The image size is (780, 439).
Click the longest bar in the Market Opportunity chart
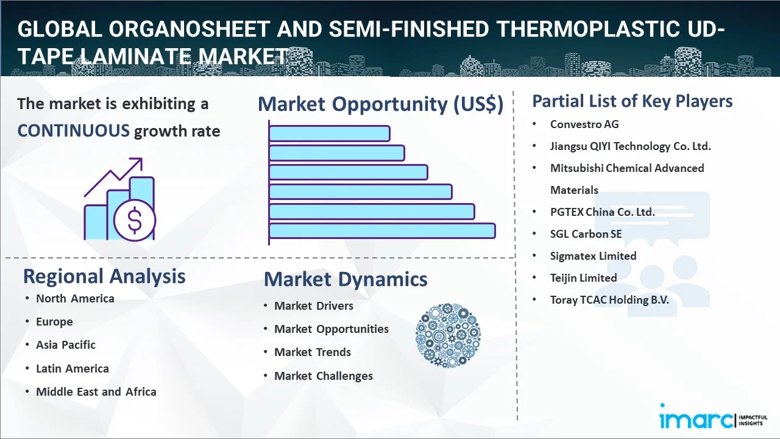(x=382, y=231)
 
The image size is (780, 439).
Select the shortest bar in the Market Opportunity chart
(x=330, y=134)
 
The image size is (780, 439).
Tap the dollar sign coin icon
(x=135, y=220)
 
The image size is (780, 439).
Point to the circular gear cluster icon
(x=448, y=335)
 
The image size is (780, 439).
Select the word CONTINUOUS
(x=74, y=131)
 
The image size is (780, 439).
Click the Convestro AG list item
(x=584, y=124)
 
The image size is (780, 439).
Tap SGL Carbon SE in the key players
(x=586, y=234)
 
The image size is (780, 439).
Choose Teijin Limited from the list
(x=583, y=278)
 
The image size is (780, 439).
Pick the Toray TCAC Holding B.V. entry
(x=609, y=300)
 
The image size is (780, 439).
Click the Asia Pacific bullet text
(x=66, y=345)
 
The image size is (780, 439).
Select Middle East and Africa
(x=96, y=392)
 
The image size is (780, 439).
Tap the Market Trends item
(x=313, y=352)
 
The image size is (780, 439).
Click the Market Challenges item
(x=324, y=376)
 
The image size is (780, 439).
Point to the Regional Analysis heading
(x=104, y=277)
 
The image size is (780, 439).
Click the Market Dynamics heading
(x=346, y=279)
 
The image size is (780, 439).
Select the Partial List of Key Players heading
(x=633, y=101)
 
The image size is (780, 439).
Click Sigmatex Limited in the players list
(x=593, y=256)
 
